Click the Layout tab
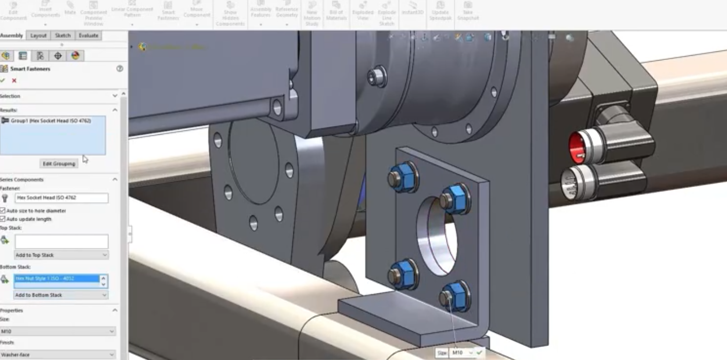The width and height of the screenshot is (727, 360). pos(38,36)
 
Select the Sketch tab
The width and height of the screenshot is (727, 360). pos(63,36)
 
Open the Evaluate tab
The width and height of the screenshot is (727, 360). pos(88,36)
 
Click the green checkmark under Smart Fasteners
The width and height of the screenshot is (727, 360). pos(3,80)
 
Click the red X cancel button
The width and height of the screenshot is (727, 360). pos(14,80)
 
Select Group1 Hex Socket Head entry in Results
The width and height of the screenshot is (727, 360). pos(51,121)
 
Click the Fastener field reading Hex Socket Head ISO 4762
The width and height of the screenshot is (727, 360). pos(61,198)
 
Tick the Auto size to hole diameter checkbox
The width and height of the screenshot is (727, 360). pos(3,211)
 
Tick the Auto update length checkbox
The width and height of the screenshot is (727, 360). pos(3,219)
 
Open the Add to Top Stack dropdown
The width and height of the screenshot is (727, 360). pos(61,255)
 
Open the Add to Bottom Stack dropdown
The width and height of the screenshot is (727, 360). pos(61,295)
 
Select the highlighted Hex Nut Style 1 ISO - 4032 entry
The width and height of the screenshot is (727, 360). pos(56,278)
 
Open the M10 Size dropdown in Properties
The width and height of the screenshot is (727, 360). pos(58,331)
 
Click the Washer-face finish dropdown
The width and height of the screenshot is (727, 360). pos(58,354)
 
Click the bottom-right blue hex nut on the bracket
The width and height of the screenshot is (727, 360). pos(454,296)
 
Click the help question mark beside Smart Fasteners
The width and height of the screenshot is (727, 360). pos(119,68)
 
